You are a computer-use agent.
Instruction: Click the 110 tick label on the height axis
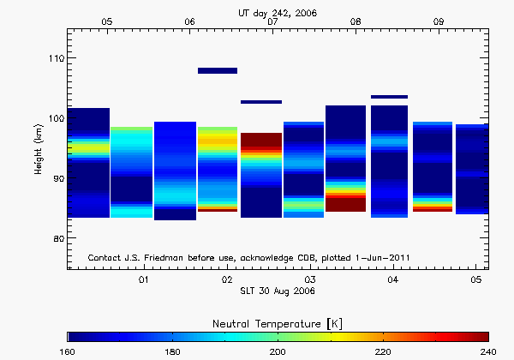[53, 58]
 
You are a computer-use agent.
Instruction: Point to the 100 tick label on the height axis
[53, 118]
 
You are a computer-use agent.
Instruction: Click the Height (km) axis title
[38, 148]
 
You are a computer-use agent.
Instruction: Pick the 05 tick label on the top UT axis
[106, 21]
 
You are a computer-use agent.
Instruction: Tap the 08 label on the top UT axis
[356, 21]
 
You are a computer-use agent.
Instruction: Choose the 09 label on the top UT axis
[439, 21]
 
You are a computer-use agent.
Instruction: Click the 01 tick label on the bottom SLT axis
[144, 280]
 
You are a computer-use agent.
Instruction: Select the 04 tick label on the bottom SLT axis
[393, 280]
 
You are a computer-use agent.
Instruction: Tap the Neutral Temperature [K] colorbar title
[278, 322]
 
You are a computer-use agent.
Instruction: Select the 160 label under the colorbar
[68, 351]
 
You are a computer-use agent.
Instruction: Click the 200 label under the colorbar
[278, 351]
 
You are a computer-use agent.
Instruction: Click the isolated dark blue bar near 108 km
[218, 70]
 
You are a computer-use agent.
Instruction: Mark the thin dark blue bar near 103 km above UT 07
[260, 102]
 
